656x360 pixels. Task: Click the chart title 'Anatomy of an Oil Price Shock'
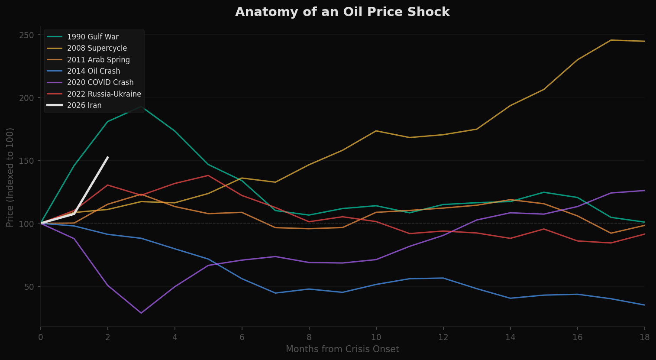click(x=342, y=12)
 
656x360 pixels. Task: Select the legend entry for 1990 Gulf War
click(x=93, y=37)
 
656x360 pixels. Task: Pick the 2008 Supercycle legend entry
click(x=97, y=48)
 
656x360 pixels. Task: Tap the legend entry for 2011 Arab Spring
click(x=98, y=60)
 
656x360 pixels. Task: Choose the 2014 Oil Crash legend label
click(x=94, y=71)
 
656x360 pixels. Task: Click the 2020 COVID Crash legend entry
click(x=100, y=82)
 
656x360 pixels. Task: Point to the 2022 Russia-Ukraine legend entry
click(x=104, y=94)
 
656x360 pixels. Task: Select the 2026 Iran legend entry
click(x=84, y=105)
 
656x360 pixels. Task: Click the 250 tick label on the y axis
click(x=26, y=35)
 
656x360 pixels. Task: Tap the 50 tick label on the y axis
click(x=29, y=287)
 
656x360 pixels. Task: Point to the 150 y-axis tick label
click(x=26, y=161)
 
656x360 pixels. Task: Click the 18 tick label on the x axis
click(x=644, y=337)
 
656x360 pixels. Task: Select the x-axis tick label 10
click(x=376, y=337)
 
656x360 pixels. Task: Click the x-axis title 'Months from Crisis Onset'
click(x=342, y=349)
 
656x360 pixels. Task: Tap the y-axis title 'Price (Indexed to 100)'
click(x=10, y=177)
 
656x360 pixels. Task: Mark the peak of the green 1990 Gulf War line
click(x=141, y=107)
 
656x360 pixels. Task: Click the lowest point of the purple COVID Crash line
click(x=141, y=313)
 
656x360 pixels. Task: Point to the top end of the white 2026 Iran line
click(x=108, y=157)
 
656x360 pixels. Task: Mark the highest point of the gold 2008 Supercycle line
click(x=611, y=40)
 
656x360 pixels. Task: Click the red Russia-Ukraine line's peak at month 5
click(x=208, y=175)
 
